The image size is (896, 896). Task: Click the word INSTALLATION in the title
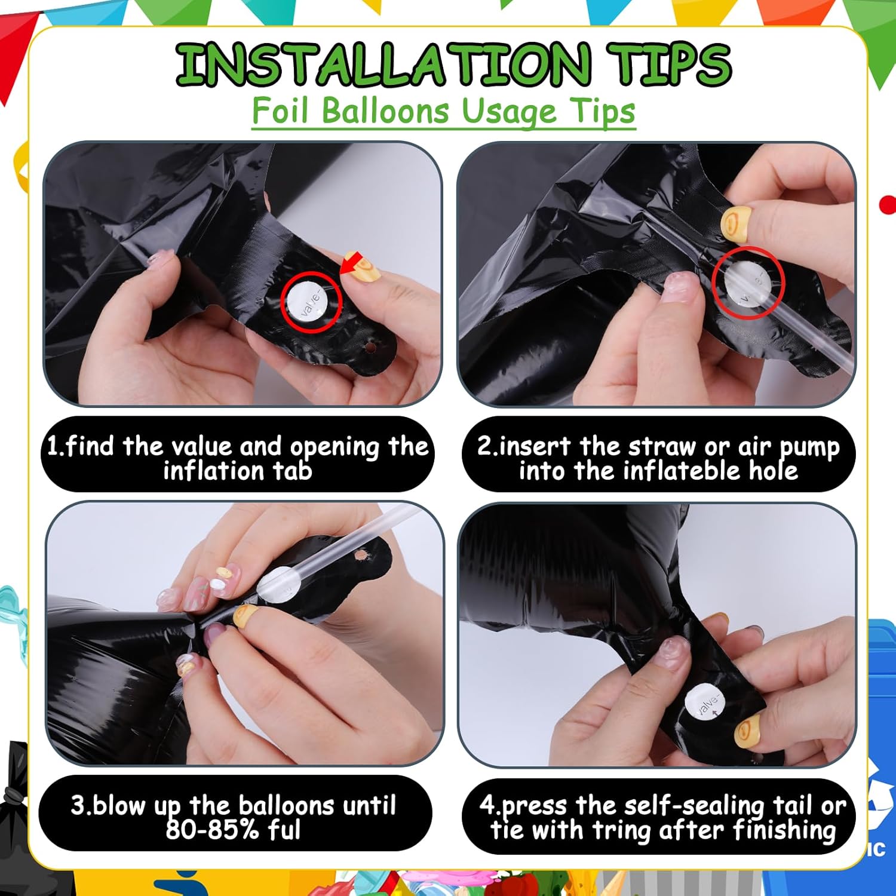point(383,65)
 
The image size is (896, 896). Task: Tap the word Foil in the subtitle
point(283,111)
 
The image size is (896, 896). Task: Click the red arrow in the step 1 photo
point(352,263)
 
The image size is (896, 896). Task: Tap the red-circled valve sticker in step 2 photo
point(747,282)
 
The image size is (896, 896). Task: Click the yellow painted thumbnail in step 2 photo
point(735,224)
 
